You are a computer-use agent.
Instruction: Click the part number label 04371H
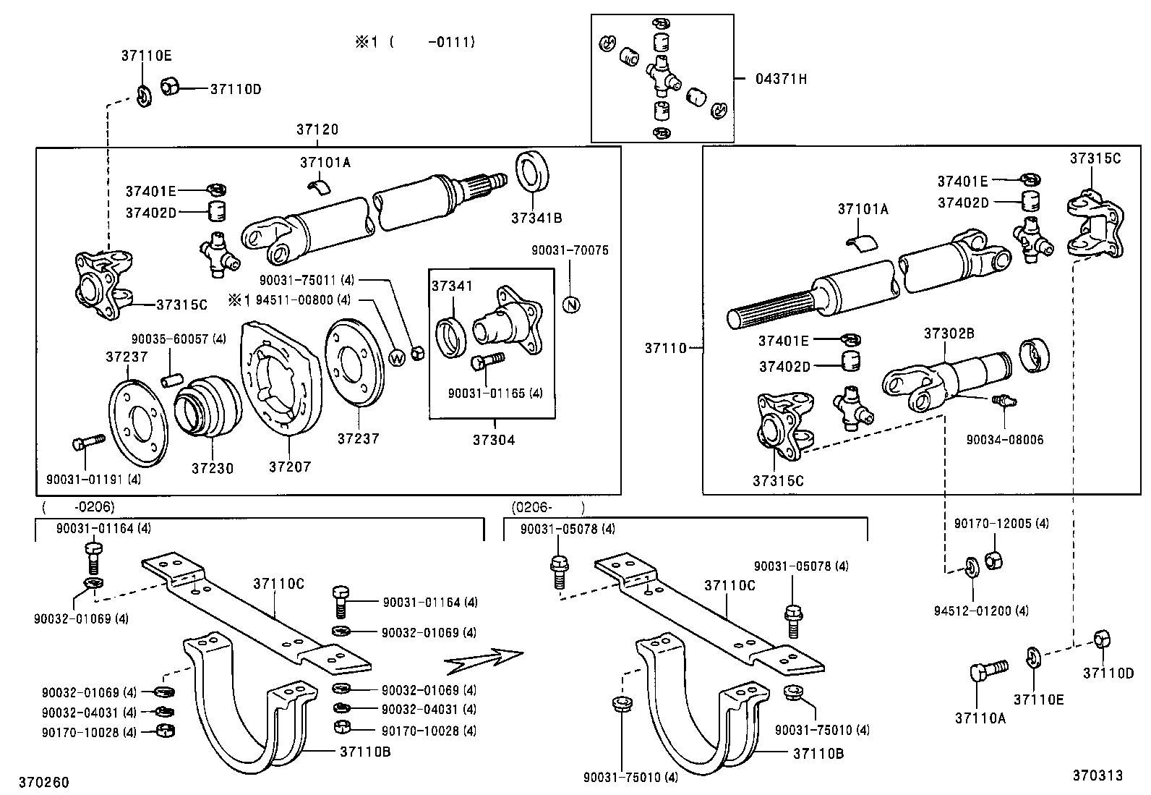click(x=781, y=79)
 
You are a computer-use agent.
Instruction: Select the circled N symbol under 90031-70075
click(x=571, y=305)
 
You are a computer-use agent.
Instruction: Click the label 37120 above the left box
click(x=317, y=129)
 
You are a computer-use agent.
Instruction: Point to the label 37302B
click(x=949, y=333)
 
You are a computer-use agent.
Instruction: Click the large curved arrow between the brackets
click(x=483, y=659)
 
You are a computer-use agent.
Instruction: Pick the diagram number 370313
click(x=1097, y=775)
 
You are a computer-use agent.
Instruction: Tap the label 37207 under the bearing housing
click(x=289, y=467)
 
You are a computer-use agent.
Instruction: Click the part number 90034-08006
click(x=1005, y=440)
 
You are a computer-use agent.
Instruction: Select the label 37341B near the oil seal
click(x=536, y=218)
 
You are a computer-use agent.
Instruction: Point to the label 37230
click(x=213, y=469)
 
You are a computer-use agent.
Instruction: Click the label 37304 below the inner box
click(x=494, y=440)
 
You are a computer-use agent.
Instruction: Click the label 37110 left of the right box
click(x=665, y=348)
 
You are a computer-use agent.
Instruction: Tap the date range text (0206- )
click(x=547, y=507)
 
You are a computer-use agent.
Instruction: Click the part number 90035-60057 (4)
click(x=179, y=339)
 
